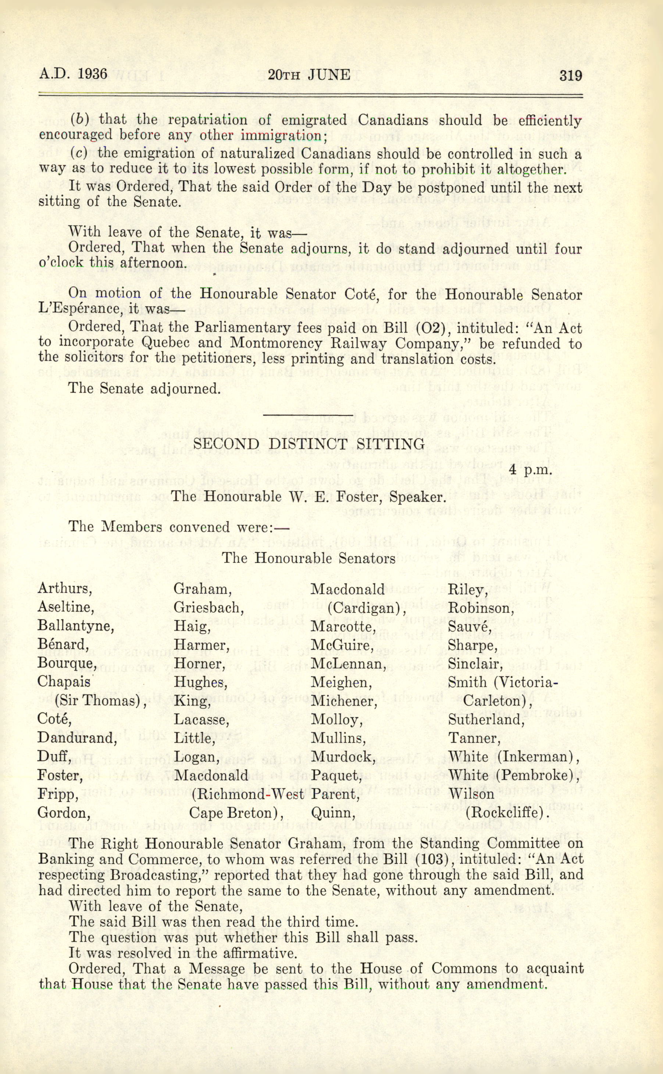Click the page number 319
click(x=570, y=76)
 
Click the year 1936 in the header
click(x=92, y=73)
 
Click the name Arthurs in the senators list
click(x=64, y=588)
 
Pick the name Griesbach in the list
click(x=208, y=608)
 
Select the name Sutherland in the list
click(x=486, y=720)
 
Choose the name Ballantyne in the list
click(x=75, y=626)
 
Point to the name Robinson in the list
click(x=481, y=608)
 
